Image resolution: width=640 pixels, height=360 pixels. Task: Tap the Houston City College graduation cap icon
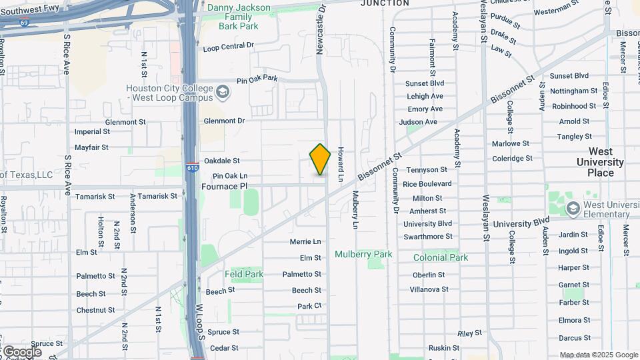pyautogui.click(x=223, y=92)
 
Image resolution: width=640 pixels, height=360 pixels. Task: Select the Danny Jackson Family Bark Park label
pyautogui.click(x=239, y=17)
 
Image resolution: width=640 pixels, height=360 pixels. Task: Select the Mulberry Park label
pyautogui.click(x=363, y=254)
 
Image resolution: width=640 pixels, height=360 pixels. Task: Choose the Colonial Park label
pyautogui.click(x=440, y=257)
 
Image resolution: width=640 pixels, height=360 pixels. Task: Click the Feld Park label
pyautogui.click(x=244, y=274)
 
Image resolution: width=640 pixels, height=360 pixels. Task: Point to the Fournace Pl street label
pyautogui.click(x=224, y=187)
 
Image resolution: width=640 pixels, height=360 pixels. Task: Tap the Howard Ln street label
pyautogui.click(x=339, y=164)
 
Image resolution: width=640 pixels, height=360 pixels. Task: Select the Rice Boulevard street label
pyautogui.click(x=427, y=184)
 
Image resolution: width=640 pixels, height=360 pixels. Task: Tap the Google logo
pyautogui.click(x=21, y=351)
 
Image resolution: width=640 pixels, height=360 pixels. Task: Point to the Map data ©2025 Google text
pyautogui.click(x=597, y=355)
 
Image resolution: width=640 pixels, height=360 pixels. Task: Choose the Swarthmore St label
pyautogui.click(x=427, y=237)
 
